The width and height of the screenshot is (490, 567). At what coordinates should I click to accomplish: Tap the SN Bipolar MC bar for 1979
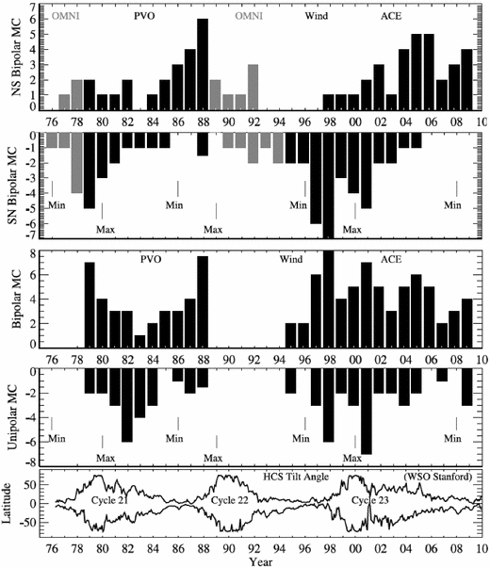click(x=90, y=170)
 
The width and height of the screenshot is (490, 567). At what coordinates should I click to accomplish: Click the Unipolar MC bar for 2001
click(x=367, y=413)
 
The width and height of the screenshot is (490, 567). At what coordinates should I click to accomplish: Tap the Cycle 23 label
click(x=369, y=499)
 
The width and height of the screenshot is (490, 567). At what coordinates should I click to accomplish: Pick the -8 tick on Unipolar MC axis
click(x=29, y=462)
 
